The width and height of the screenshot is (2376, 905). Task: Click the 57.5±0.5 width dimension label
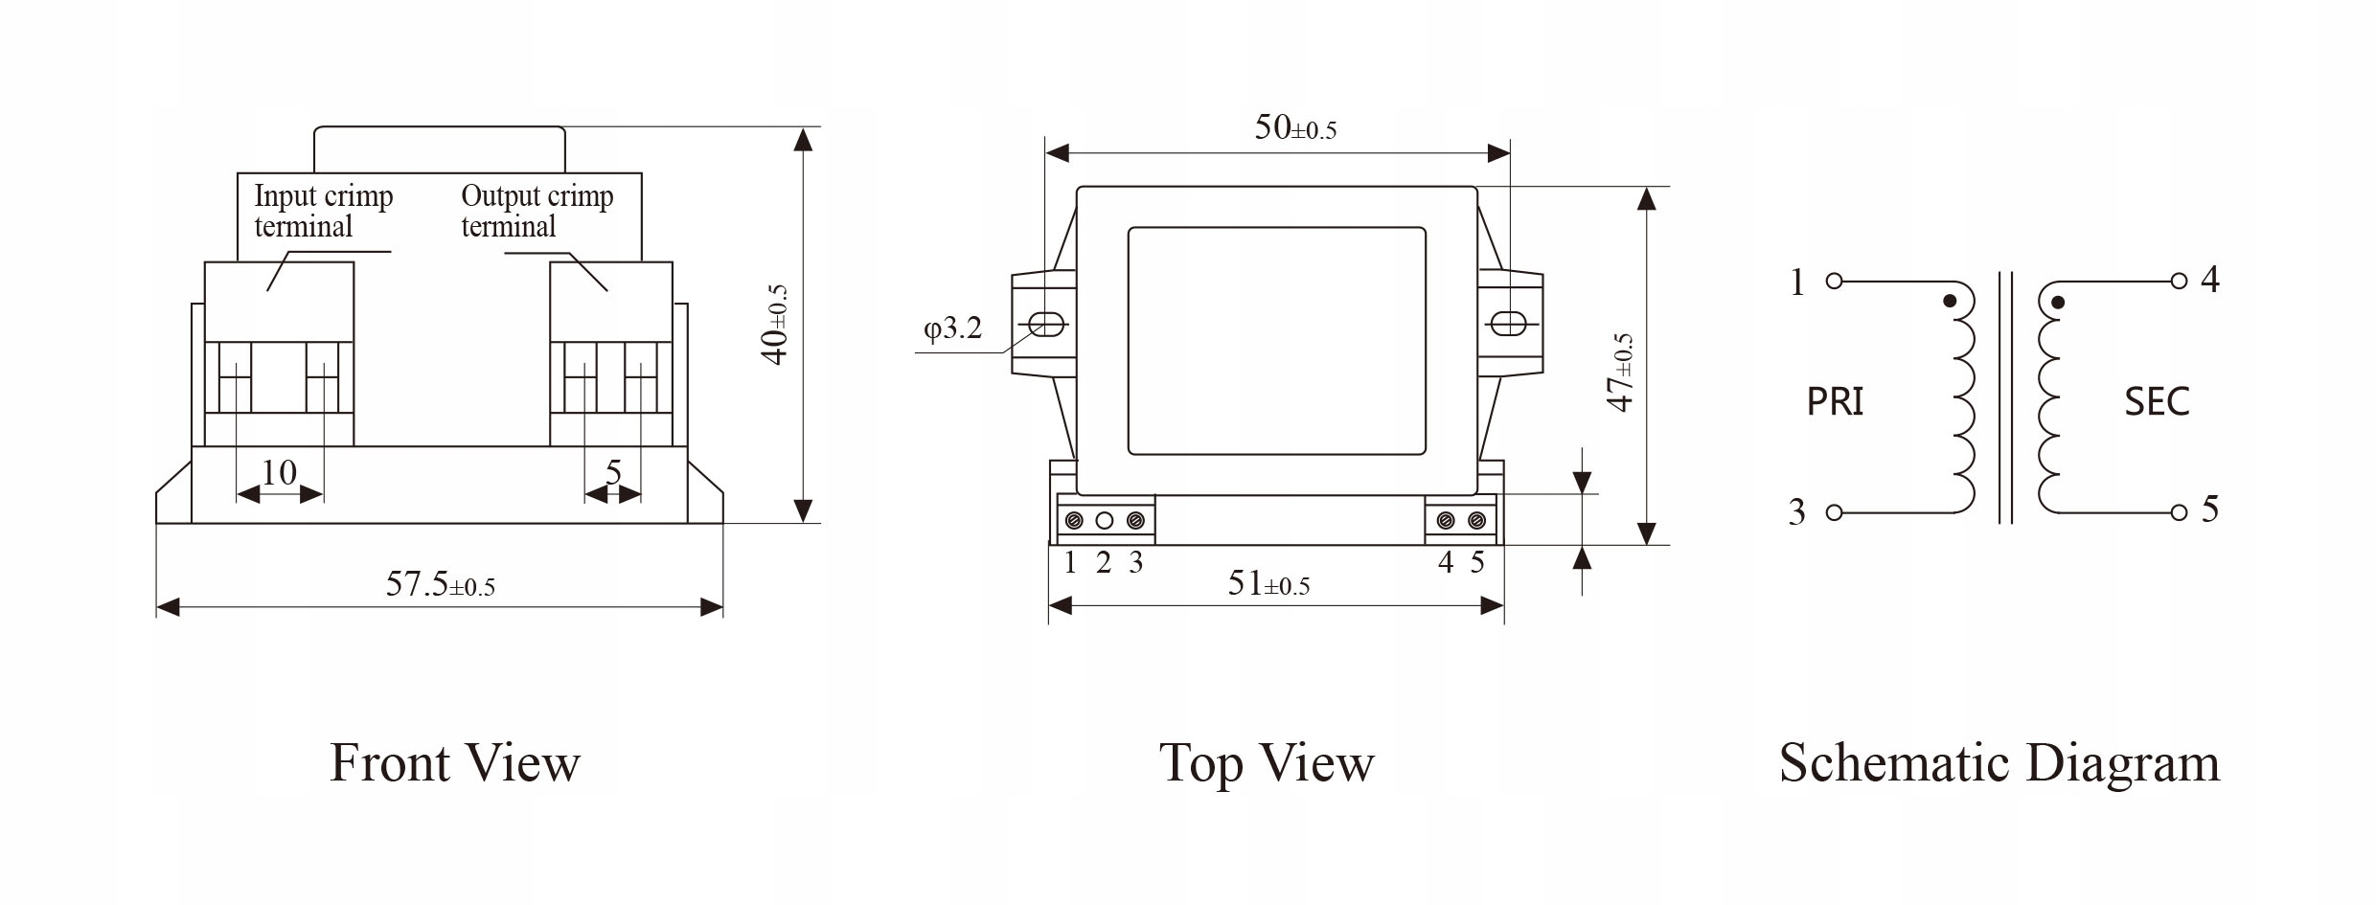441,584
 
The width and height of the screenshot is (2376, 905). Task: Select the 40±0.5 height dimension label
774,325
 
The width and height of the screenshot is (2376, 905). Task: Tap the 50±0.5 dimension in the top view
1295,127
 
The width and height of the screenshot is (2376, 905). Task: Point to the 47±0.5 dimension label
1619,373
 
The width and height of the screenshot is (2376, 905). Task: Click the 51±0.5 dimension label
1268,583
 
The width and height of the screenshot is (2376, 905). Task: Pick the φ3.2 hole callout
952,328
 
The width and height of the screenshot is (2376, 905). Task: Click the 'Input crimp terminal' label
324,211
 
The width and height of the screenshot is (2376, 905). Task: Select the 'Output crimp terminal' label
537,211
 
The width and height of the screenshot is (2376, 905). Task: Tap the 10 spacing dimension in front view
279,472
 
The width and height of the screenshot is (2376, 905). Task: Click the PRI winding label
1835,401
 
